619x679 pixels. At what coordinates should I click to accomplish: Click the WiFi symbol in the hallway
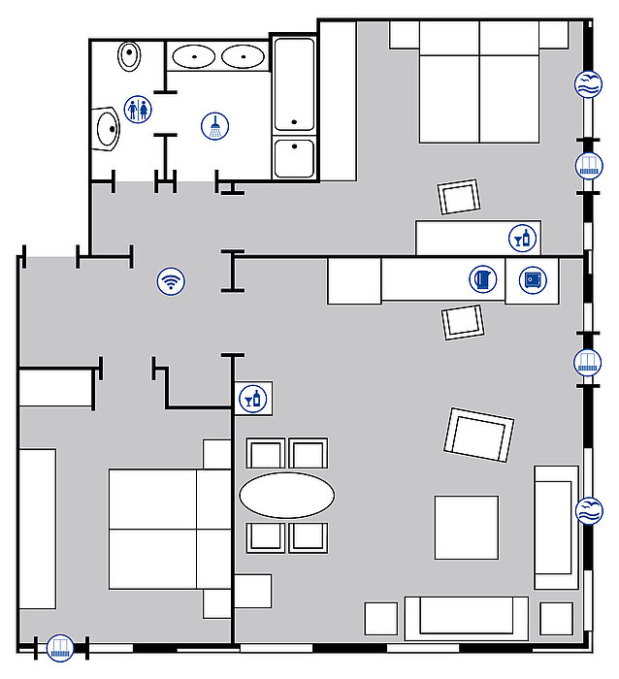tap(172, 282)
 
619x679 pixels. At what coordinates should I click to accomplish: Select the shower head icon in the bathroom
tap(214, 126)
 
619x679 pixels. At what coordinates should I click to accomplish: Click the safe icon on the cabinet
tap(532, 280)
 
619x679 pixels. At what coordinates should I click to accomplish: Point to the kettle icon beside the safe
tap(483, 280)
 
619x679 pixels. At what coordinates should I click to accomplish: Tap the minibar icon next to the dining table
tap(253, 398)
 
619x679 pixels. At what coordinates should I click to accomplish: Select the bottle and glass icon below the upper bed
tap(522, 238)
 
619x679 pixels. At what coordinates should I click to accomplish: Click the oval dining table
tap(286, 496)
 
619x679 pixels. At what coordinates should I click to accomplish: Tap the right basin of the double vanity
tap(242, 57)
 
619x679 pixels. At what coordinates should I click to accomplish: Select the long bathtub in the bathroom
tap(294, 84)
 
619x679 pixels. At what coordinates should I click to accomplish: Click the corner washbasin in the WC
tap(107, 130)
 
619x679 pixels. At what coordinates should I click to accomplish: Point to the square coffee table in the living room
tap(466, 528)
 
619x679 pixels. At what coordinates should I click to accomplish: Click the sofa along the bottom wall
tap(466, 618)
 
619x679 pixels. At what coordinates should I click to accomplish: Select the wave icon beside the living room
tap(589, 511)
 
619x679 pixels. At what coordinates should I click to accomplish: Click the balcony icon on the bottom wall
tap(60, 647)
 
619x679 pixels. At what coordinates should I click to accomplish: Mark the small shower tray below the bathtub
tap(294, 158)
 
